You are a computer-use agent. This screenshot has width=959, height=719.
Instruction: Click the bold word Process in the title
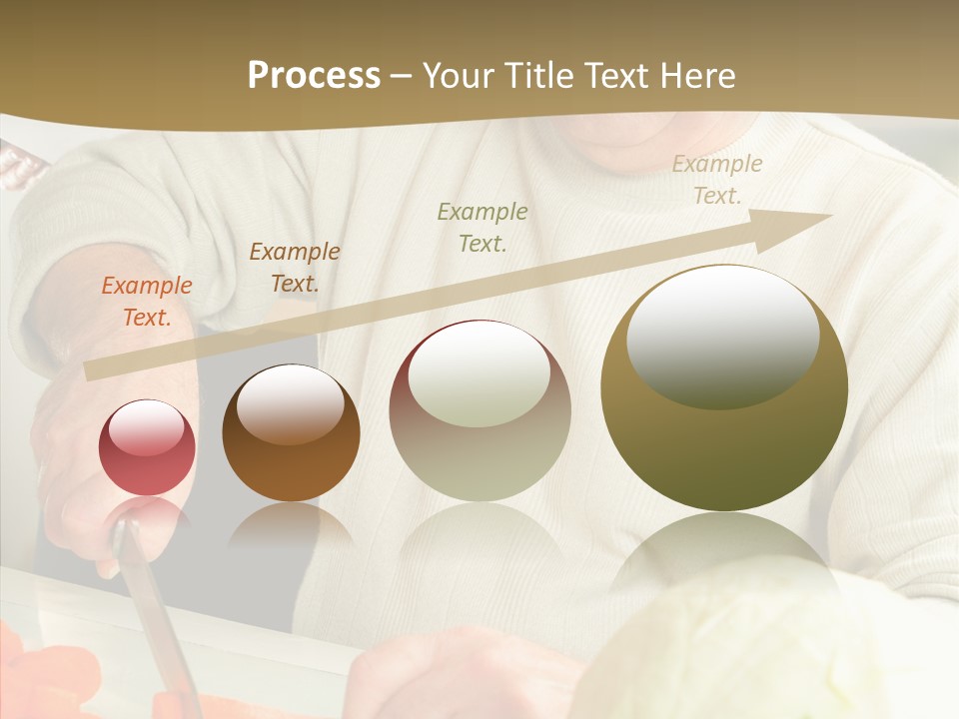click(x=314, y=76)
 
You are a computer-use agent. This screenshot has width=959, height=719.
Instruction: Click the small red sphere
click(x=147, y=447)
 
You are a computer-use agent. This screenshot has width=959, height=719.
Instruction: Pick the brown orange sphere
click(x=291, y=433)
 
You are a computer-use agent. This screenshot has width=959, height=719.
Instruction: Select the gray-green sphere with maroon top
click(x=479, y=411)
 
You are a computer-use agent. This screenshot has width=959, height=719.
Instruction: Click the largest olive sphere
click(x=724, y=388)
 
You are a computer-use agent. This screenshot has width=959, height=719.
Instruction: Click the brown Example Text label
click(x=295, y=268)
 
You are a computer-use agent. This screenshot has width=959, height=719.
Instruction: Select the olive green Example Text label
click(x=482, y=227)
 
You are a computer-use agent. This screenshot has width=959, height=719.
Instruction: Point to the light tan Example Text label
click(x=717, y=180)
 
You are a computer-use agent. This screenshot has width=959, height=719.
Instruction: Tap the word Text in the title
click(x=616, y=76)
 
